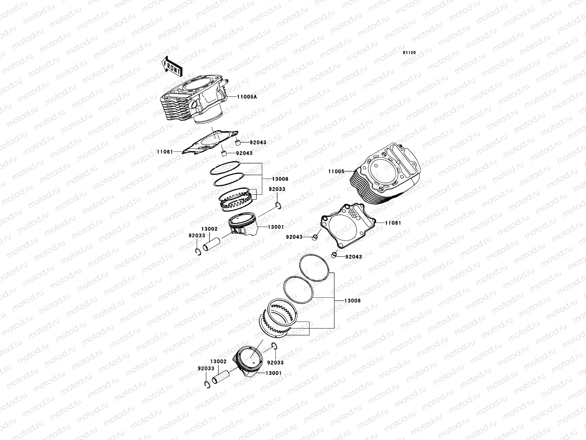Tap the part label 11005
coord(336,171)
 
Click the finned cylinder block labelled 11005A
coord(194,97)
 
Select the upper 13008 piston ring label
coord(280,179)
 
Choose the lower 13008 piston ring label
coord(352,301)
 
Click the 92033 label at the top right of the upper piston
coord(277,189)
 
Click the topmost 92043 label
coord(258,142)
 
